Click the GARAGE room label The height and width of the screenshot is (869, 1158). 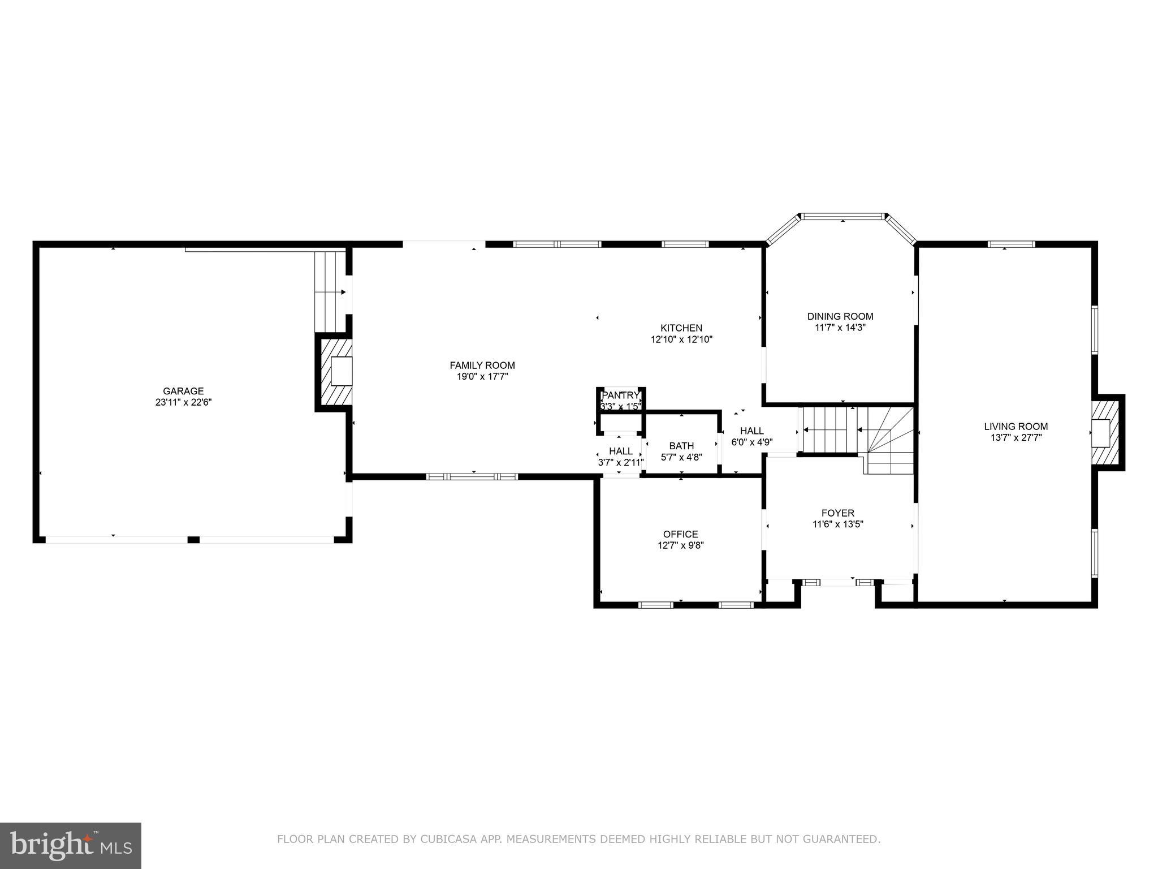pos(183,391)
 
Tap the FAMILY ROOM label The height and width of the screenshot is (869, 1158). pos(482,365)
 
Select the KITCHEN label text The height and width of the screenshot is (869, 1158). pos(681,328)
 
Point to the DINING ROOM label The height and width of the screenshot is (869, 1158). pos(840,317)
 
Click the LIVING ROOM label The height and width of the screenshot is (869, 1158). pos(1016,427)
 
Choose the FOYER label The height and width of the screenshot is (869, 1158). pos(838,513)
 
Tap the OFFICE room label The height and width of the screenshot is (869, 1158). pos(681,534)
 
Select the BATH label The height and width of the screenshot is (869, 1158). pos(681,446)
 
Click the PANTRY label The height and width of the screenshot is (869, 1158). pos(621,395)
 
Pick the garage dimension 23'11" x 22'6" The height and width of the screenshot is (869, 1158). pos(184,402)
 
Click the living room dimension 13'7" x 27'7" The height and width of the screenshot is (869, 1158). pos(1016,437)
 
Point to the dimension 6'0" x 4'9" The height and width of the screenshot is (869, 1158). pos(752,442)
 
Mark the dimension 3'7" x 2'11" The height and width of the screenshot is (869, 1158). pos(621,462)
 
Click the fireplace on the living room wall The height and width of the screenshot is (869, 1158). pos(1105,432)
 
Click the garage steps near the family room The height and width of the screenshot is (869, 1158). pos(330,292)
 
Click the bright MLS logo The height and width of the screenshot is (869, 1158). pos(71,845)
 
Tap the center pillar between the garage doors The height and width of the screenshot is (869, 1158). pos(193,540)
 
